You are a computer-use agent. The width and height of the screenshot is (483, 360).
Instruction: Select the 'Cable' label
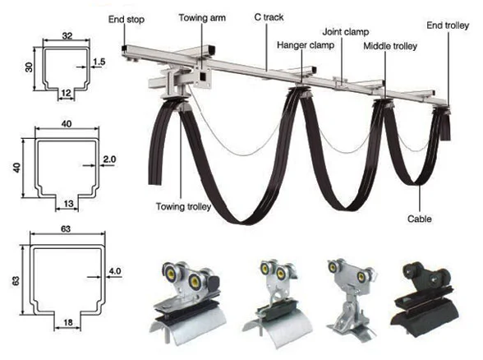(x=420, y=219)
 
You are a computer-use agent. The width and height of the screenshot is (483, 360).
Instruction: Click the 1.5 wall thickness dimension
(x=99, y=62)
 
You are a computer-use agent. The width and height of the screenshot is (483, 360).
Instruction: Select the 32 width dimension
(x=66, y=35)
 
